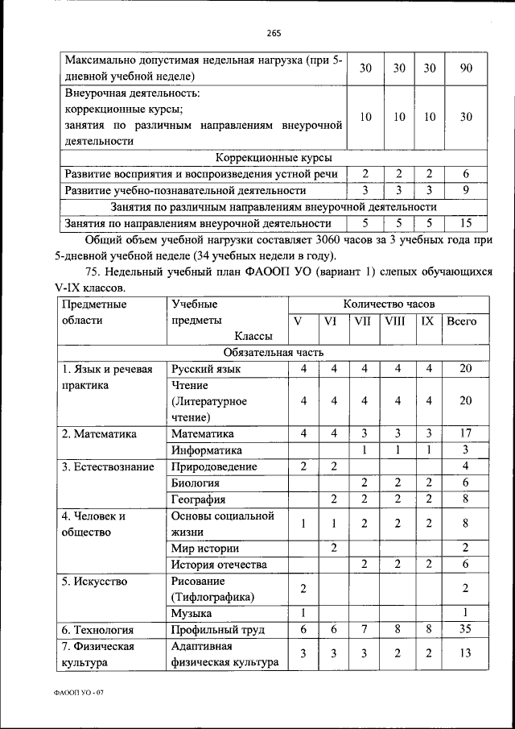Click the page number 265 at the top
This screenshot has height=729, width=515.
[x=272, y=33]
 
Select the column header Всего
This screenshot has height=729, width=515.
[x=461, y=321]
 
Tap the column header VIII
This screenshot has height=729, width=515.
[x=395, y=321]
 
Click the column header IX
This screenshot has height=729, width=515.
[x=427, y=321]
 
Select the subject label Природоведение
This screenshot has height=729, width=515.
[x=214, y=466]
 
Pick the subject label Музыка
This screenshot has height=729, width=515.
[x=192, y=613]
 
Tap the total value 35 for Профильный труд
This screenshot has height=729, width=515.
[x=465, y=630]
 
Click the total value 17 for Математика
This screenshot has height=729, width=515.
[x=465, y=433]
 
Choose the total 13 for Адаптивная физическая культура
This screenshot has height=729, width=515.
[x=465, y=654]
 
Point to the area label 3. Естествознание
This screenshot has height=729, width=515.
[x=103, y=466]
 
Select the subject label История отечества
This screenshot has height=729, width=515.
[x=218, y=564]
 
